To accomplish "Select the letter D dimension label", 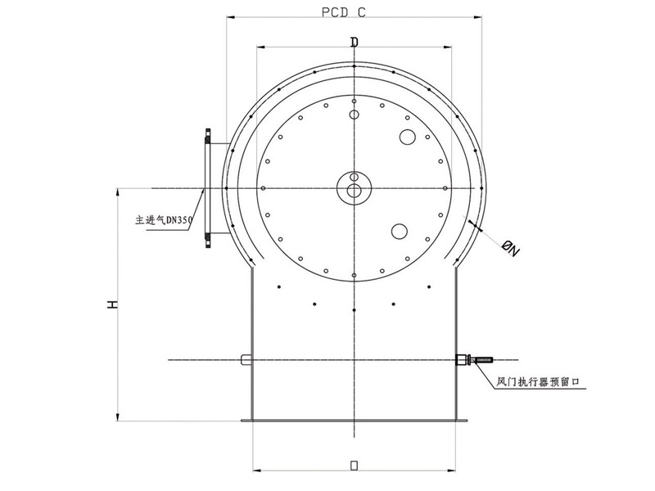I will point(354,41).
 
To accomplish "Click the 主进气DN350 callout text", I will point(163,220).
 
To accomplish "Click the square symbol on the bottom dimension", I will point(354,466).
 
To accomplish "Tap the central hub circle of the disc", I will point(355,191).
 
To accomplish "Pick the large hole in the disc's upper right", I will point(406,137).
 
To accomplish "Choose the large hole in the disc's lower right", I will point(400,232).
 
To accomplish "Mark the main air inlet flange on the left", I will point(208,188).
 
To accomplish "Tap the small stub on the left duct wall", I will point(246,359).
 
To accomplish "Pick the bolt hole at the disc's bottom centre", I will point(354,275).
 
